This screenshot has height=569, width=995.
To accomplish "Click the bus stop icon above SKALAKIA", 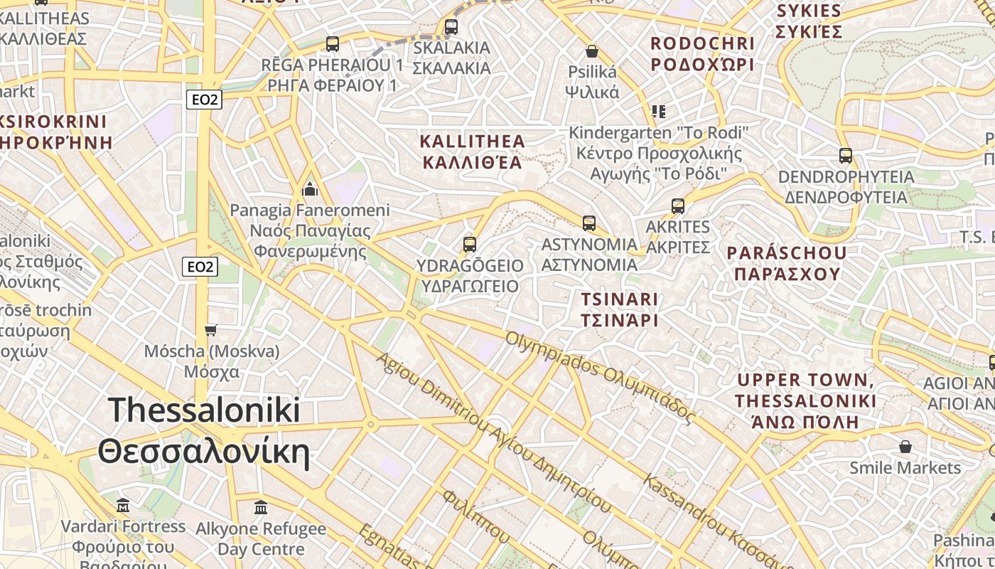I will pos(451,27).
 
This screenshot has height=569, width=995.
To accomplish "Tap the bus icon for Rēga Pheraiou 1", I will pos(333,43).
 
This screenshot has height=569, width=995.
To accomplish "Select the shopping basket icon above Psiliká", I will pos(591,51).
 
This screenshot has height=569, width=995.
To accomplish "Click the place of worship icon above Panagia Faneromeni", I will pos(310,189).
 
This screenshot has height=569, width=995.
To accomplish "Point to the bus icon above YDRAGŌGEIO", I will pos(469,245).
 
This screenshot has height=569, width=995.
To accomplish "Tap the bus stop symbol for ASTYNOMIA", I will pos(588,223).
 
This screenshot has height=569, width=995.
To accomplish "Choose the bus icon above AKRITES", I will pos(678,206).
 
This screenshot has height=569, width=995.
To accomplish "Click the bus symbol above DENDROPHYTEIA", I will pos(846,155).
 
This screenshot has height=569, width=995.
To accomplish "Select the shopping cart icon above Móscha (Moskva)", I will pos(211,330).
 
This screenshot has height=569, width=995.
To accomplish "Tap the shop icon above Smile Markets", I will pos(905,447).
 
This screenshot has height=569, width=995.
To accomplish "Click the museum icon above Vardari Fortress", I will pos(123,506).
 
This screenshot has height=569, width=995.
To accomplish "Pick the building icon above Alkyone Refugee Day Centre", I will pos(261,508).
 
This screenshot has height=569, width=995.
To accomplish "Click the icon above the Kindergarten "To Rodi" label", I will pos(659,112).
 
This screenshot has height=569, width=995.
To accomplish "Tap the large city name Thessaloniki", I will pos(205,411).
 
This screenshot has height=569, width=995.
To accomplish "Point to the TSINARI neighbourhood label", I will pos(619,299).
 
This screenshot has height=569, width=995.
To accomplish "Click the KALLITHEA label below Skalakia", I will pos(473,141).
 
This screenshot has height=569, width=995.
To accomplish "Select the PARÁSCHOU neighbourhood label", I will pos(787,253).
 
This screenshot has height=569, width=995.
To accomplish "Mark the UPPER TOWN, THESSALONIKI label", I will pos(806,381).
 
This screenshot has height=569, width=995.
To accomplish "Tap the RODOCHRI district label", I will pos(702,43).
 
